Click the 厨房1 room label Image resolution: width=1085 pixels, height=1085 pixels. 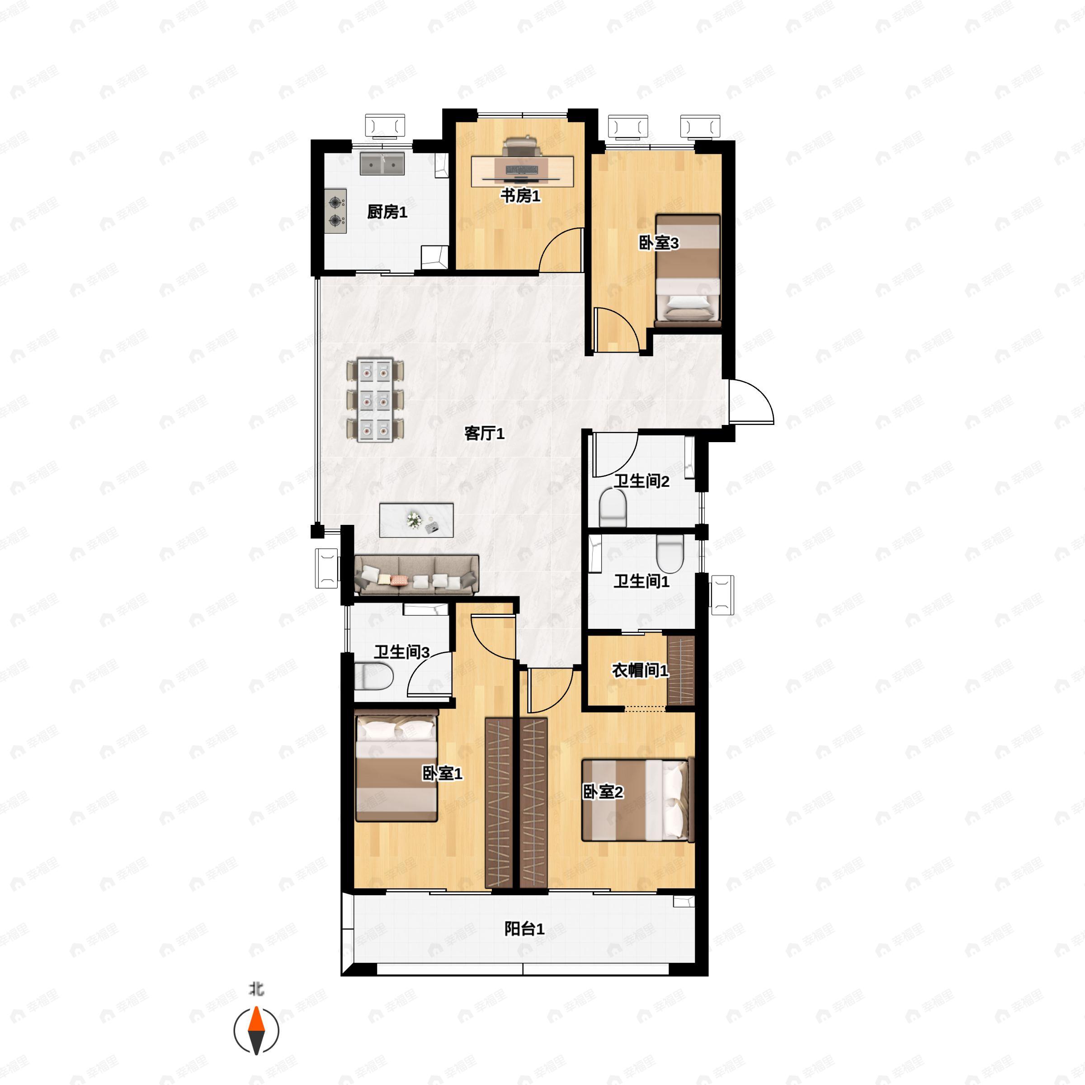(x=387, y=212)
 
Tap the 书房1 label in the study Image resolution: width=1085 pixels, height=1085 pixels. (x=521, y=196)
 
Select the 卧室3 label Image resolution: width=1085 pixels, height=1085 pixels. (x=659, y=243)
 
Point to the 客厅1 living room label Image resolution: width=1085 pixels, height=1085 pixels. (x=484, y=433)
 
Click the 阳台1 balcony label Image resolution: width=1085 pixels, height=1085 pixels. (x=524, y=929)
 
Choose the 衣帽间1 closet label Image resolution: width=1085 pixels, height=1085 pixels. (x=640, y=670)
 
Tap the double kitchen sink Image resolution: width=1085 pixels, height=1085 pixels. (x=382, y=163)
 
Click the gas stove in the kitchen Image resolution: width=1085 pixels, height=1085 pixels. (x=335, y=211)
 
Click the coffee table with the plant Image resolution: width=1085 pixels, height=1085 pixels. (x=416, y=520)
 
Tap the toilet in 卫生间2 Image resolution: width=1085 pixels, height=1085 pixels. (x=613, y=508)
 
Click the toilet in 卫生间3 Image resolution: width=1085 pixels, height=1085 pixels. (x=373, y=676)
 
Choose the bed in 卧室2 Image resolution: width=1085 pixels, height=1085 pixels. (x=638, y=800)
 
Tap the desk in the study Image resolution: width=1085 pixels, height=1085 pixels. (x=522, y=171)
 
